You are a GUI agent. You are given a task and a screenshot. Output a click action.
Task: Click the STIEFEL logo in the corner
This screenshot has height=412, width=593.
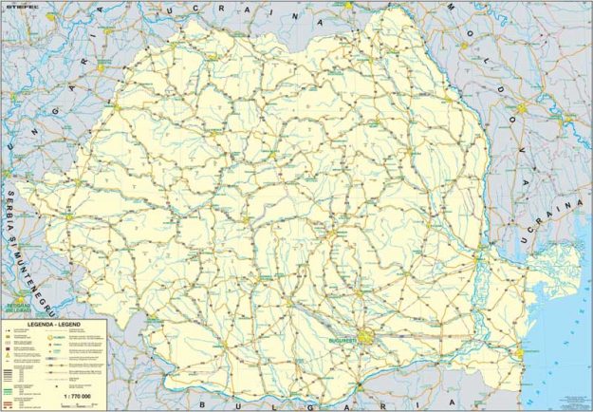tap(20, 9)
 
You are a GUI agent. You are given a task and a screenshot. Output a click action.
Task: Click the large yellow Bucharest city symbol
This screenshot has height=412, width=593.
tap(363, 339)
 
